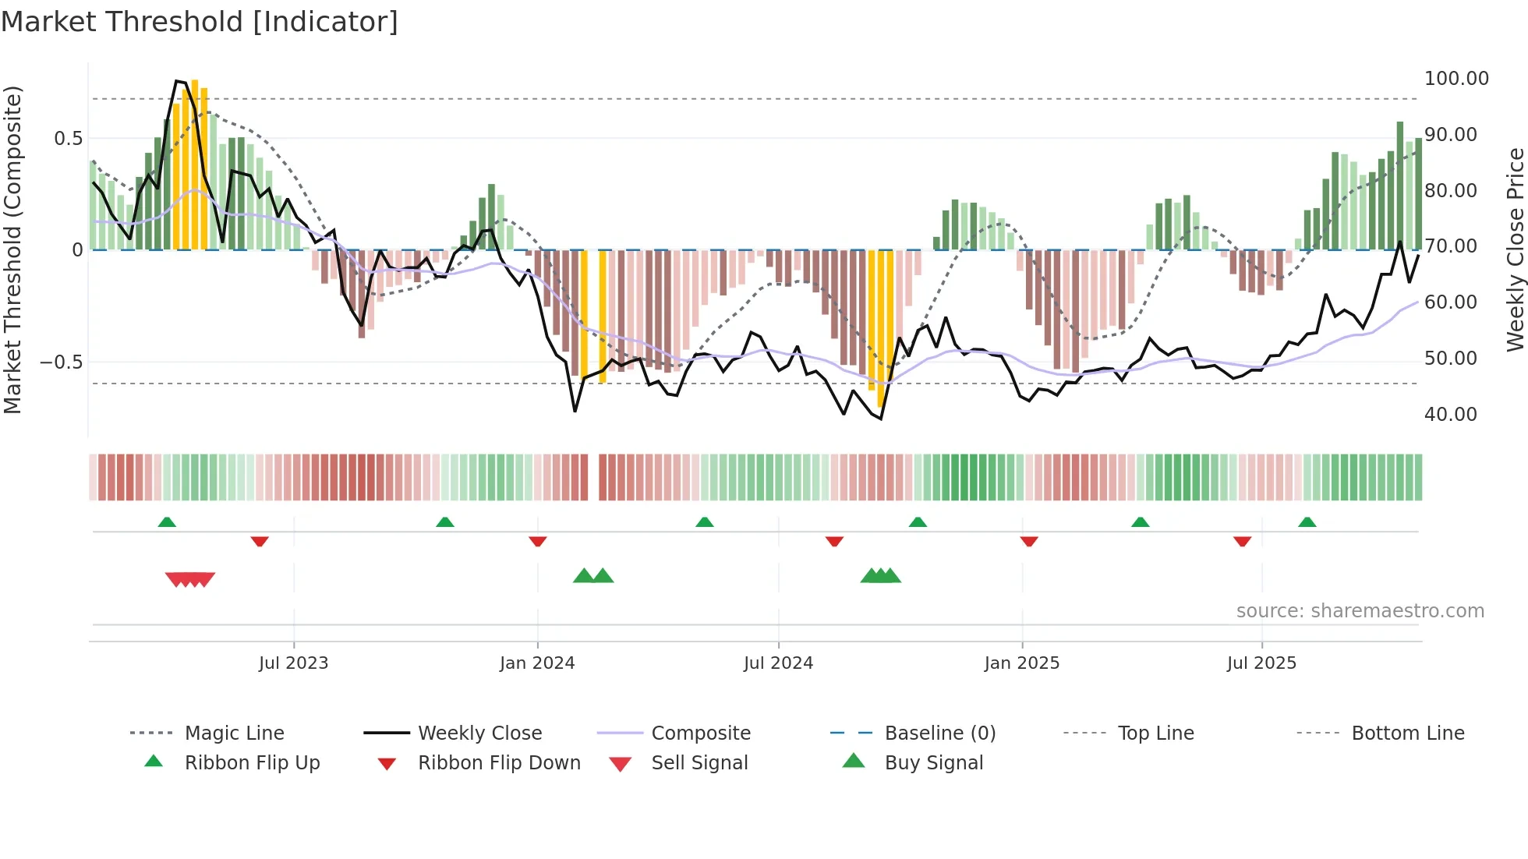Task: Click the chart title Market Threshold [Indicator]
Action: (200, 22)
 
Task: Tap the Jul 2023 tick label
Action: (293, 663)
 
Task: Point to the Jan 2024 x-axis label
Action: (537, 663)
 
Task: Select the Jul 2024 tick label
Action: (778, 663)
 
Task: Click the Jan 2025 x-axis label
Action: (1022, 663)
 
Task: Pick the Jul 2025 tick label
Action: (1261, 663)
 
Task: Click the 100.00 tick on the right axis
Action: (1456, 79)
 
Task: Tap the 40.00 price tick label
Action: (1450, 415)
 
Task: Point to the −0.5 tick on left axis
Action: (62, 362)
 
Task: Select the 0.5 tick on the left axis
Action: (68, 139)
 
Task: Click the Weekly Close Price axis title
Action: (1515, 249)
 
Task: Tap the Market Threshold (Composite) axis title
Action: (12, 249)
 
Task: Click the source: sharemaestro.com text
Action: (1360, 611)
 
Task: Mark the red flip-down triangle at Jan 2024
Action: (537, 541)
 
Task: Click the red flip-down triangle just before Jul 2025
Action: (1242, 541)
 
